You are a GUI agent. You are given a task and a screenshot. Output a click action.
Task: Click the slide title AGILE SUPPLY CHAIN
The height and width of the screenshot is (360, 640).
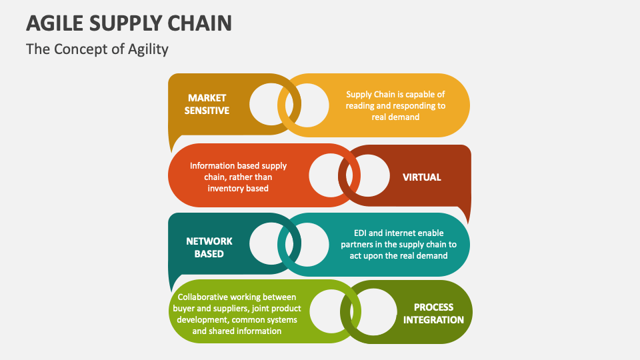pyautogui.click(x=129, y=23)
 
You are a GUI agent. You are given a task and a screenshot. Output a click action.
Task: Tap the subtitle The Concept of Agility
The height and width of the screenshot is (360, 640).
pyautogui.click(x=97, y=49)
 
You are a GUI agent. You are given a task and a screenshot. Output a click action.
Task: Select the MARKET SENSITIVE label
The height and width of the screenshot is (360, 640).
pyautogui.click(x=207, y=104)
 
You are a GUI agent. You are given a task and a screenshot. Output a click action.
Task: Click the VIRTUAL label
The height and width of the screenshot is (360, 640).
pyautogui.click(x=421, y=177)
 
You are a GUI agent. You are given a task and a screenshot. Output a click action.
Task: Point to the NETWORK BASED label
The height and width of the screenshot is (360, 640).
pyautogui.click(x=209, y=247)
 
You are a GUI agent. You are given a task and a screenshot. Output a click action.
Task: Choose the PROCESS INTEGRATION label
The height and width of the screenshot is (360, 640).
pyautogui.click(x=433, y=313)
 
